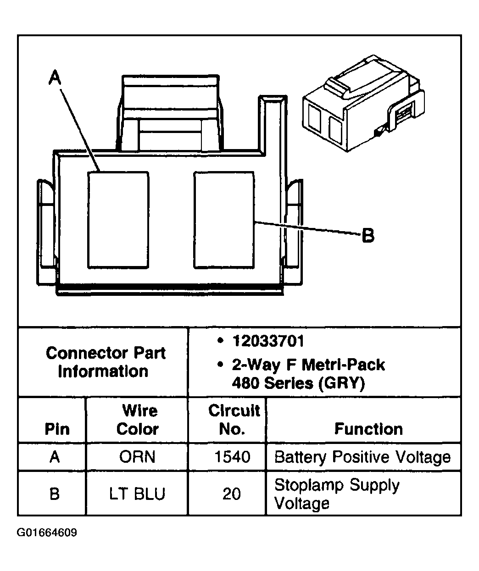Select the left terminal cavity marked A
118,220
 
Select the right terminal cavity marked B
224,220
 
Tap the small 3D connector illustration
362,104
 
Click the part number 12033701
268,341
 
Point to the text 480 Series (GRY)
298,383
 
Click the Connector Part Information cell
106,362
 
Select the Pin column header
57,429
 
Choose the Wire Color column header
137,420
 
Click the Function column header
368,429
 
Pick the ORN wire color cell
137,457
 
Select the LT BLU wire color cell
137,494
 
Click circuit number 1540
232,457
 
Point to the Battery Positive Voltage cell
362,457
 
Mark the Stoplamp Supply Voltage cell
337,494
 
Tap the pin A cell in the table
55,457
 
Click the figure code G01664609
47,533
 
